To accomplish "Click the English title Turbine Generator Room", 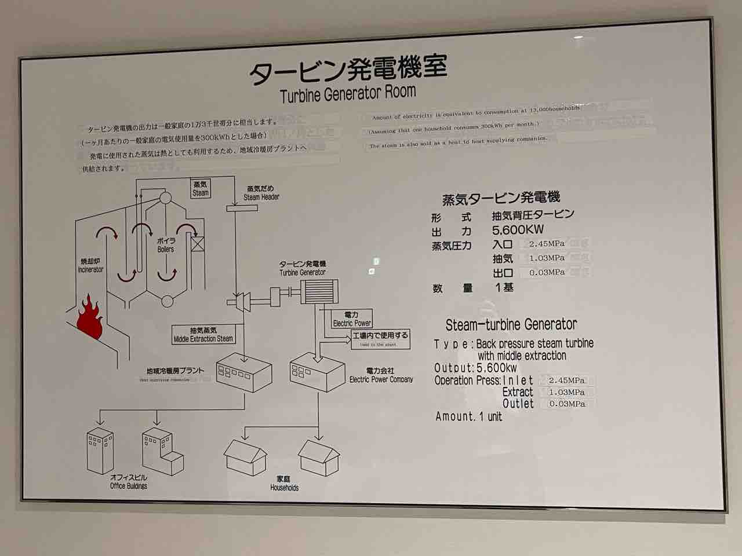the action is [x=348, y=93].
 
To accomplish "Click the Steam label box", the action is [x=200, y=188].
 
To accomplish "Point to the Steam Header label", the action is [x=261, y=193].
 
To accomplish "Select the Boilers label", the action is [x=166, y=245].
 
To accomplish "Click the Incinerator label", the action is [x=90, y=265].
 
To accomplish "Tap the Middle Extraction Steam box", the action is [x=203, y=335].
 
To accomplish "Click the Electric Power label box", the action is [x=352, y=319].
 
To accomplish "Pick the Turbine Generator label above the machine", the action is [x=303, y=268].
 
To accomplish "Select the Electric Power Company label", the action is [x=381, y=375].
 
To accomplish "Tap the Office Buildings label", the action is [x=129, y=482].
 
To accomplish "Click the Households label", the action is [x=284, y=484].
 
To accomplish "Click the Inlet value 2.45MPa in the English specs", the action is [x=567, y=381].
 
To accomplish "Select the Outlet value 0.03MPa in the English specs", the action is [x=567, y=404].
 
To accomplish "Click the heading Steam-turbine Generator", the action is [x=511, y=324].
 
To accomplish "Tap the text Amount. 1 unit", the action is [x=468, y=416].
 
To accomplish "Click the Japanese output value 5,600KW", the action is [x=518, y=230].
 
